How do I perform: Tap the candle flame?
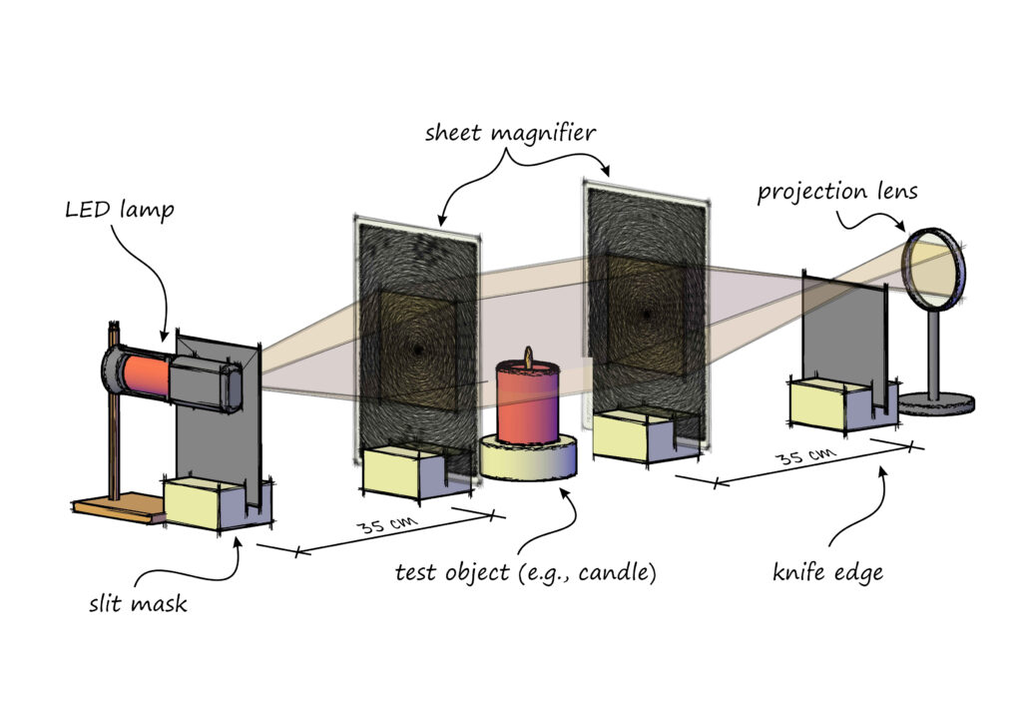click(x=529, y=357)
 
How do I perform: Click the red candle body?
click(x=530, y=405)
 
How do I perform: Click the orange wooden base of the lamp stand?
click(x=115, y=507)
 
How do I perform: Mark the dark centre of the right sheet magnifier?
click(x=646, y=316)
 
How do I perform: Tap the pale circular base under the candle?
click(x=528, y=458)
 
